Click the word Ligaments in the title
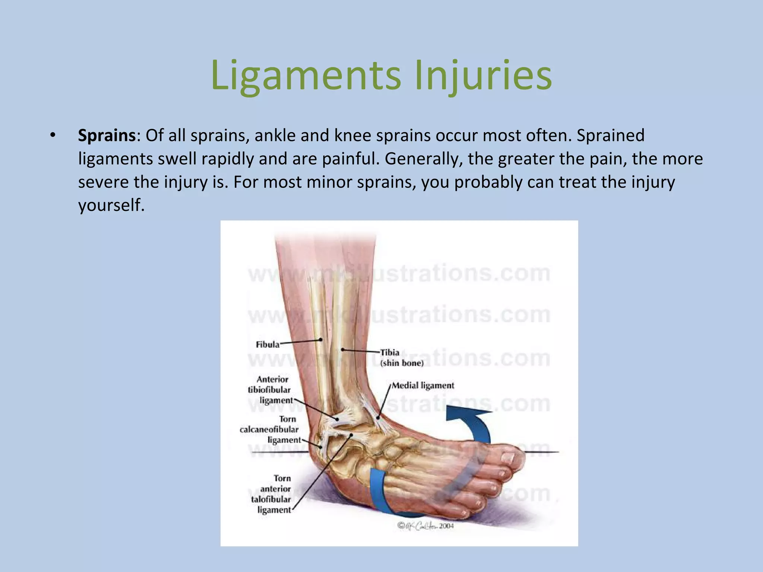click(x=306, y=76)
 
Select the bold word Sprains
click(x=107, y=136)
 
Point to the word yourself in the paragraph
click(x=110, y=205)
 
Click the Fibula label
click(x=267, y=344)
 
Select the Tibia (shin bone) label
click(x=401, y=357)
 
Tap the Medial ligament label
click(x=423, y=385)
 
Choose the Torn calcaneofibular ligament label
click(x=270, y=429)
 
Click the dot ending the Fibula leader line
click(x=321, y=340)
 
